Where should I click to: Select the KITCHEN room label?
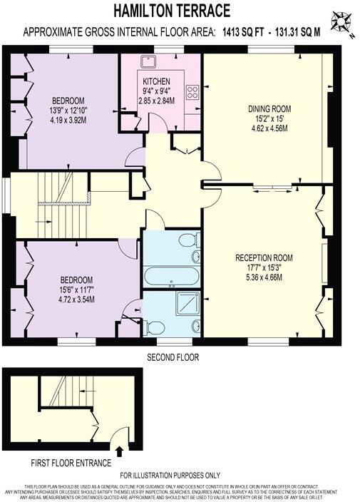tap(155, 81)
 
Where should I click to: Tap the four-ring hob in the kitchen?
tap(192, 92)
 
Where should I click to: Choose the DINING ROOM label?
tap(269, 108)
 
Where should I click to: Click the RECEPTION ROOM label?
tap(264, 257)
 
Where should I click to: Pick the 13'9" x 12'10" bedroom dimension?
tap(68, 111)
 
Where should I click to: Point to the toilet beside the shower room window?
tap(153, 327)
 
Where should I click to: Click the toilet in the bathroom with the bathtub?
tap(188, 240)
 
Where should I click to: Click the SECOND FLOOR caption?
tap(173, 357)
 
